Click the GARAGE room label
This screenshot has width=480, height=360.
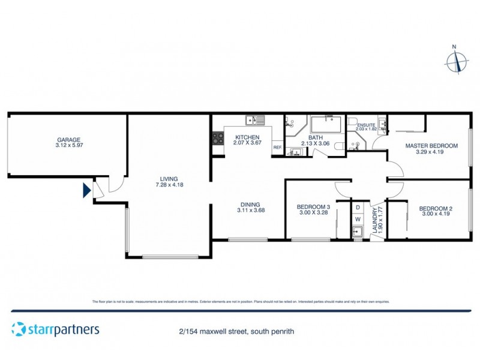(x=67, y=140)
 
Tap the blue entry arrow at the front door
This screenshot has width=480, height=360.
(x=86, y=191)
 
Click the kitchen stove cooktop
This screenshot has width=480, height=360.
(x=217, y=140)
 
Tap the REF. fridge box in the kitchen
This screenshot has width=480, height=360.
(x=277, y=148)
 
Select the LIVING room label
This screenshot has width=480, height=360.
(x=169, y=178)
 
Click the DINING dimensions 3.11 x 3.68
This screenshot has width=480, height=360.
(x=250, y=210)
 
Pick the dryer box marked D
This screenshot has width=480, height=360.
(x=358, y=207)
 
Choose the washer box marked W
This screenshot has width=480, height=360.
(x=358, y=220)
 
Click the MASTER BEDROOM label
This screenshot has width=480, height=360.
(x=431, y=146)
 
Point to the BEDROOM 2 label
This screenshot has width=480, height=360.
(x=436, y=208)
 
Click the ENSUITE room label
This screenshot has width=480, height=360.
(x=365, y=125)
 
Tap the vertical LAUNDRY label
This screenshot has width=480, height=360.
(x=376, y=221)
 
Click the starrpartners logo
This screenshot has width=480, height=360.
(x=55, y=329)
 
